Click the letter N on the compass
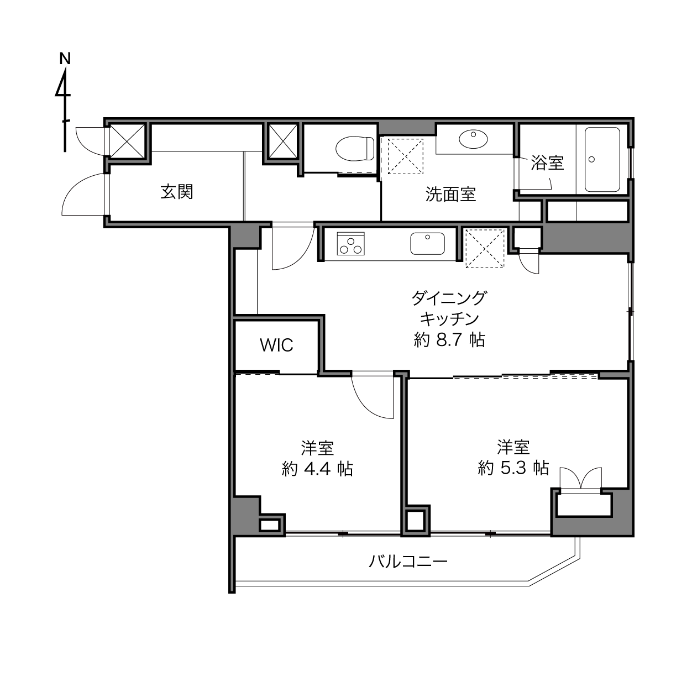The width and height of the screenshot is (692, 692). coord(65,59)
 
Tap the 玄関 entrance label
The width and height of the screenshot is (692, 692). coord(177,192)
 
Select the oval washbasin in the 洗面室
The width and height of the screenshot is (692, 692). coord(474,139)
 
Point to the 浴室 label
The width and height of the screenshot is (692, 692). coord(547,163)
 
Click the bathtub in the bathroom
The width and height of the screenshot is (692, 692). coord(602,159)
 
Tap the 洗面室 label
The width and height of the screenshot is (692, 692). coord(450,194)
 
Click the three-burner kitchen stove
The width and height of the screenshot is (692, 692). coord(350,244)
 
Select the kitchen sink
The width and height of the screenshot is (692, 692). coord(427,244)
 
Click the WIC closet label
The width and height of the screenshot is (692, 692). coord(276,345)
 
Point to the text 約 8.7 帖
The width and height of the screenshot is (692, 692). coord(449,340)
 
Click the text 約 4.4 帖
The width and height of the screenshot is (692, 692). coord(317,469)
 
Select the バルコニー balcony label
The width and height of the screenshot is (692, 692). coord(408,561)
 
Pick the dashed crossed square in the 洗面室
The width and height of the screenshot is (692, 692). coord(406,156)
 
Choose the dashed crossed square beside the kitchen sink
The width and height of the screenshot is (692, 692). coord(485,248)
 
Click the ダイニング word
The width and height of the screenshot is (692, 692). coord(449,298)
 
